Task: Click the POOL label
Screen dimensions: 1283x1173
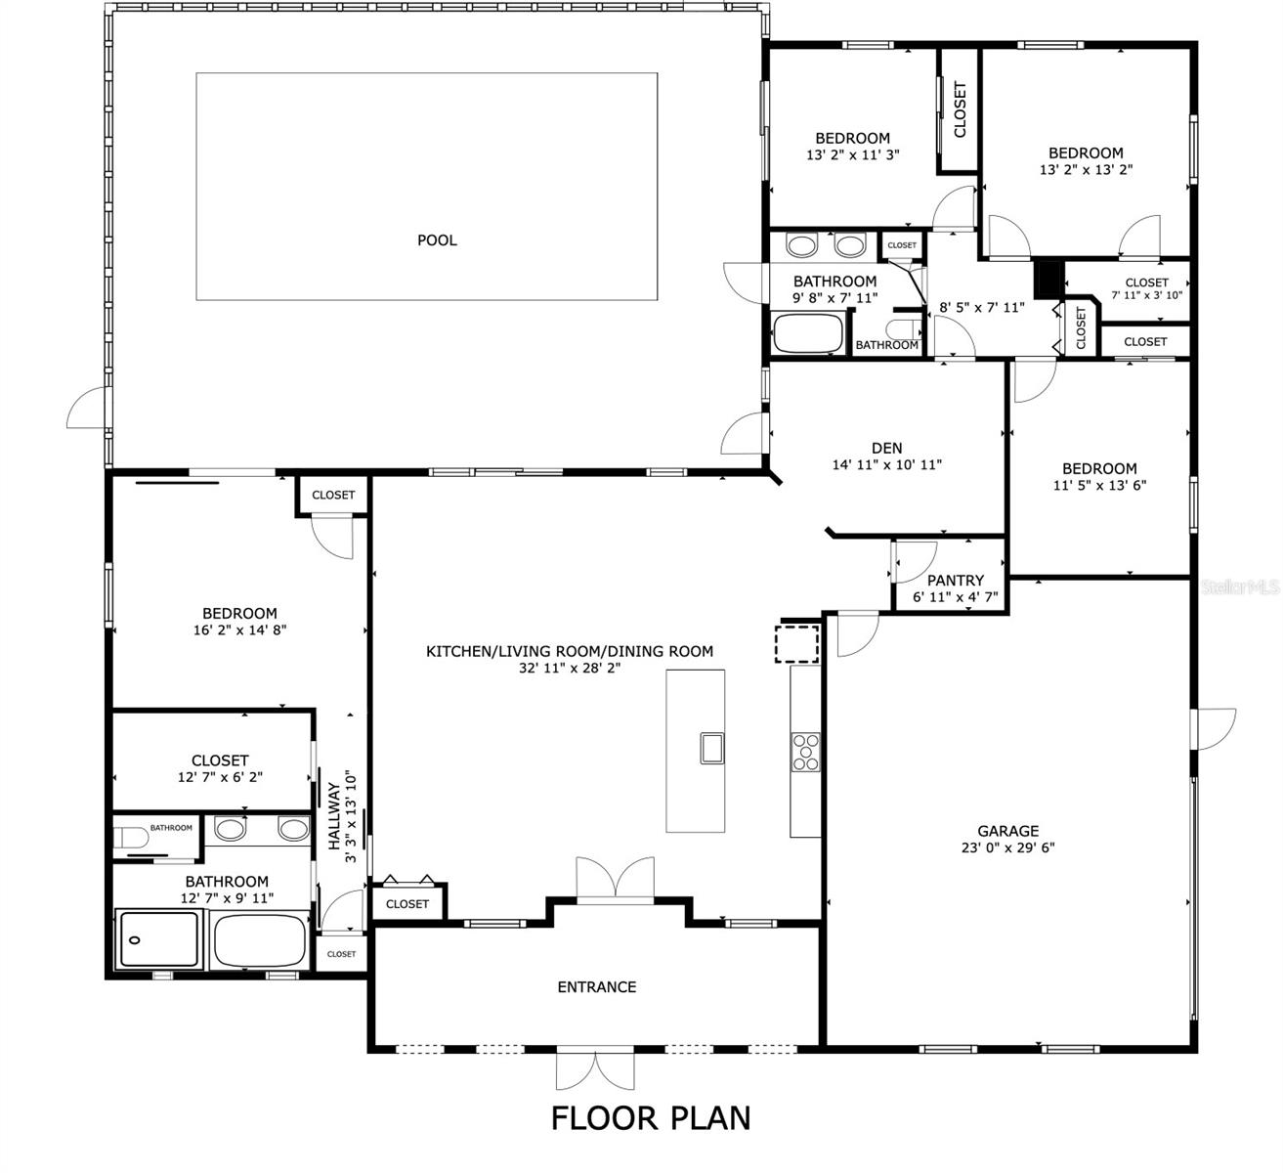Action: (437, 239)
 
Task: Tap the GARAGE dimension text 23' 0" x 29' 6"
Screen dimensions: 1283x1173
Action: (1008, 847)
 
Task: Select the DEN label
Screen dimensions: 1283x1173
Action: (886, 448)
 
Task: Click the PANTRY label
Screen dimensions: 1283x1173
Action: (956, 581)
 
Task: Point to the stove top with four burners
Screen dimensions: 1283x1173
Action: (805, 752)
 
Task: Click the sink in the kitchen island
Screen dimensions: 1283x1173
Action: (711, 748)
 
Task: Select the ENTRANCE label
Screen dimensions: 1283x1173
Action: (597, 986)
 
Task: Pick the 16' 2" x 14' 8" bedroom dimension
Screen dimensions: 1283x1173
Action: (239, 630)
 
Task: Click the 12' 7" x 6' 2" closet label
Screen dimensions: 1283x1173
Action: (220, 777)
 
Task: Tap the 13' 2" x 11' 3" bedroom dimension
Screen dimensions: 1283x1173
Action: (852, 154)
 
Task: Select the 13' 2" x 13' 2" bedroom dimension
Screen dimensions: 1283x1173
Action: (1086, 169)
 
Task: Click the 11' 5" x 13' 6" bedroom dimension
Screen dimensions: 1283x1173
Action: (1099, 485)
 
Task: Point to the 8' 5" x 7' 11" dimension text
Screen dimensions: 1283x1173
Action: (982, 308)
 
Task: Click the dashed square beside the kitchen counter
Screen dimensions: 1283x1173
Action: (797, 644)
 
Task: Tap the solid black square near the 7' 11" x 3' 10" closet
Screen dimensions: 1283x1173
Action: (1047, 279)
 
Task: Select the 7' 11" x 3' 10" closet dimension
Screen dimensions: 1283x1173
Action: (1146, 295)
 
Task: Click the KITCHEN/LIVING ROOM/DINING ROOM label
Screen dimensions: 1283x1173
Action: (570, 651)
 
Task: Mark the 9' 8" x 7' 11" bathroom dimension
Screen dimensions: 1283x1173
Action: (834, 297)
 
